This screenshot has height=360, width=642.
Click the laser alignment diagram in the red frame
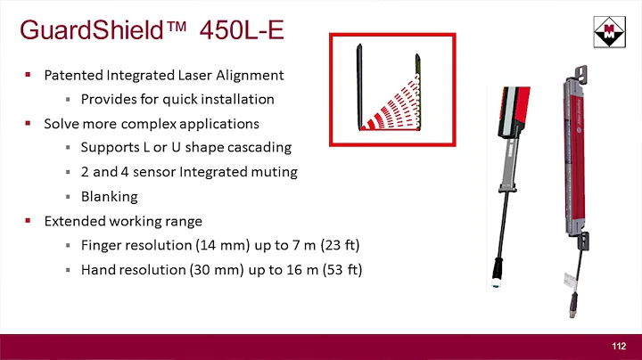click(x=389, y=90)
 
